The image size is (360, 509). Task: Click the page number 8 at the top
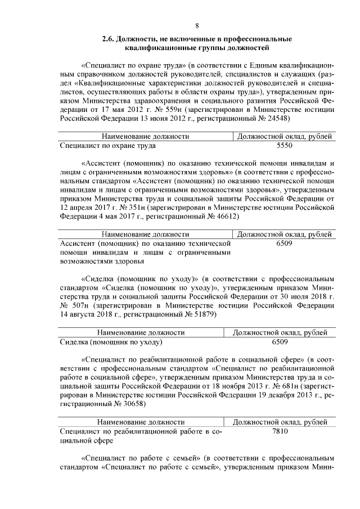coord(197,25)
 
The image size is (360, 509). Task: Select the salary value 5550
coord(285,145)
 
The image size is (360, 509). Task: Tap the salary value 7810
coord(280,431)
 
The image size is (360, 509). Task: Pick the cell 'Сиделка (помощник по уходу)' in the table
coord(111,341)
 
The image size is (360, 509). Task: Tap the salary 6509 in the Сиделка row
coord(280,341)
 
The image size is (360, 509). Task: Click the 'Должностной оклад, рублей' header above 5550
coord(285,136)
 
